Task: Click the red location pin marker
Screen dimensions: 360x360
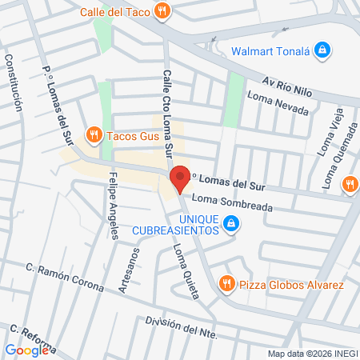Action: (179, 179)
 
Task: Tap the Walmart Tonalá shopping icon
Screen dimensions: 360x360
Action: (322, 50)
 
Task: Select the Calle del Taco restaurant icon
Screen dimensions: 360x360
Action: (162, 11)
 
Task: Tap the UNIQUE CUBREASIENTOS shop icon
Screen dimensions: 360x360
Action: (231, 225)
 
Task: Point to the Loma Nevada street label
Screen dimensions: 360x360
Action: (278, 103)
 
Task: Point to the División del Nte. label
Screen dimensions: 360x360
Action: (182, 327)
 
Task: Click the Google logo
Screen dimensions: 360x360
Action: (26, 350)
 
